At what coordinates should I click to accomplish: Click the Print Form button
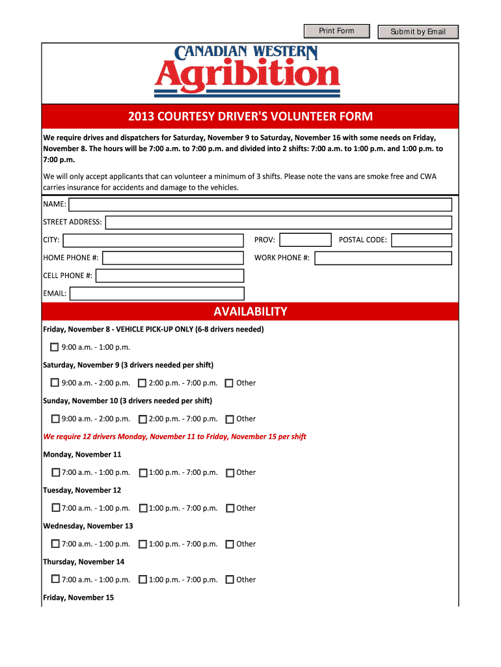[x=336, y=31]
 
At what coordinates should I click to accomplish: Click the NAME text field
[x=260, y=205]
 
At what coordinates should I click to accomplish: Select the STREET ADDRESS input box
[x=278, y=223]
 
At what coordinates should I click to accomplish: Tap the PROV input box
[x=305, y=240]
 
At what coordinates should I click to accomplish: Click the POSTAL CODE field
[x=421, y=240]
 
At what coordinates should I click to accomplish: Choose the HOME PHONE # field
[x=173, y=258]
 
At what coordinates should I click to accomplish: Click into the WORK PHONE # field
[x=383, y=258]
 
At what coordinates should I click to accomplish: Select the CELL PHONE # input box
[x=170, y=276]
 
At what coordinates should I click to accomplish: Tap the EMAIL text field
[x=157, y=294]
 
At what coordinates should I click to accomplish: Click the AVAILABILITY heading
[x=251, y=311]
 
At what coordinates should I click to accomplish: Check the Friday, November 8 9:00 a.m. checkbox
[x=55, y=347]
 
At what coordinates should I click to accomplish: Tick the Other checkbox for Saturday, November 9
[x=229, y=383]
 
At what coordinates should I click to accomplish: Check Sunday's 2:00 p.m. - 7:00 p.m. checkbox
[x=142, y=419]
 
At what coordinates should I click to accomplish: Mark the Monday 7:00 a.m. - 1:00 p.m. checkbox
[x=55, y=473]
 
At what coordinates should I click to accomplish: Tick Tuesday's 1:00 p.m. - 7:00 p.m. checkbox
[x=143, y=508]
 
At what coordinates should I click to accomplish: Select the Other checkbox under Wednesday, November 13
[x=230, y=544]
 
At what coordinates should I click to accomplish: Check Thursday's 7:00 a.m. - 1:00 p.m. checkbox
[x=55, y=580]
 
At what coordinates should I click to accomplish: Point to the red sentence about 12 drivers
[x=174, y=436]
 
